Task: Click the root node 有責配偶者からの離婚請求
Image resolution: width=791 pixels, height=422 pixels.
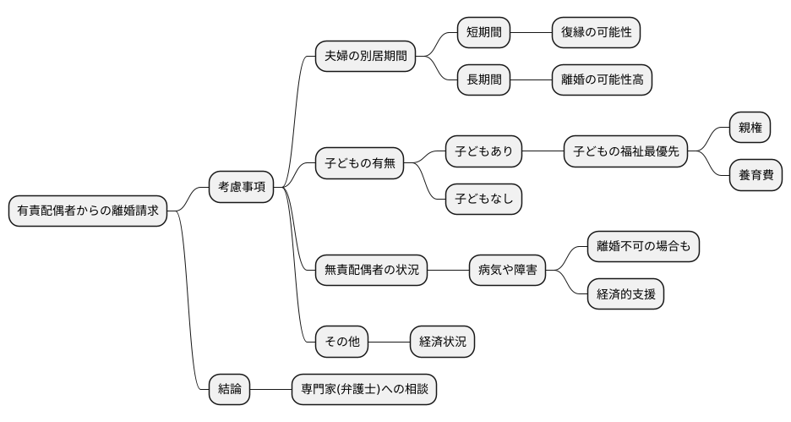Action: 88,211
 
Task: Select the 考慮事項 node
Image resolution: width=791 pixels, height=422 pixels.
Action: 241,187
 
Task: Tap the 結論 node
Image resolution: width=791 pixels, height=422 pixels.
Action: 230,389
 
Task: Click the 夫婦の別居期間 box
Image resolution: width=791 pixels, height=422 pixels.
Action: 365,57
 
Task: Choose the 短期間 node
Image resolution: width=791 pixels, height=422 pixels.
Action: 484,33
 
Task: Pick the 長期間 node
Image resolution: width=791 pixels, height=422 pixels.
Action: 484,80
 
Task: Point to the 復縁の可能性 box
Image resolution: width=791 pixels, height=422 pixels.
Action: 596,33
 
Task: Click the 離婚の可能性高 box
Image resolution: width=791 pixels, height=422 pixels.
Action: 602,80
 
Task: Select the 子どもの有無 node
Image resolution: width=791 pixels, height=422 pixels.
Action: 359,162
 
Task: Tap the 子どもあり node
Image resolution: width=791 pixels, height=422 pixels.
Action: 484,151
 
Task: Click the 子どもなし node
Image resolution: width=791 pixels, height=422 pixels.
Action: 484,199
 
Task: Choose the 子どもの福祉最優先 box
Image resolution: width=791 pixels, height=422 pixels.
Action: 625,151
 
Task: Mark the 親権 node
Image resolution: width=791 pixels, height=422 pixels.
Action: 750,128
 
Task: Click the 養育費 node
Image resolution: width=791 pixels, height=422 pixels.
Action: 756,175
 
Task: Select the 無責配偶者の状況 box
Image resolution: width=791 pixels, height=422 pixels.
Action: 371,271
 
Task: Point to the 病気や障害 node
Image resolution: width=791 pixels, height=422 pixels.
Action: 507,271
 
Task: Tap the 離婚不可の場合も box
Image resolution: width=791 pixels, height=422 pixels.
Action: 643,246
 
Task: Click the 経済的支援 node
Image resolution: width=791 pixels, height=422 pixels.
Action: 625,294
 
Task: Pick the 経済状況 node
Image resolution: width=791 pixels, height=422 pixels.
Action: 442,342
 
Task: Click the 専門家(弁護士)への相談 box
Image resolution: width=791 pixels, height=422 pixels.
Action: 363,389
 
